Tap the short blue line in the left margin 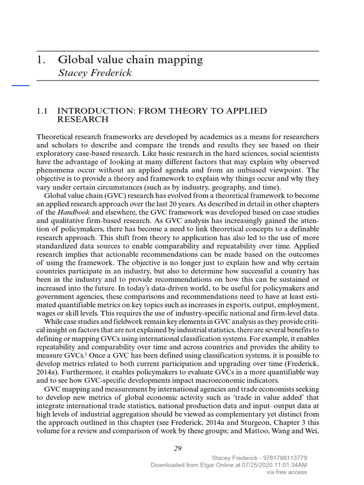click(20, 85)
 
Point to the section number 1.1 click(43, 111)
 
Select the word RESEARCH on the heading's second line click(83, 119)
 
